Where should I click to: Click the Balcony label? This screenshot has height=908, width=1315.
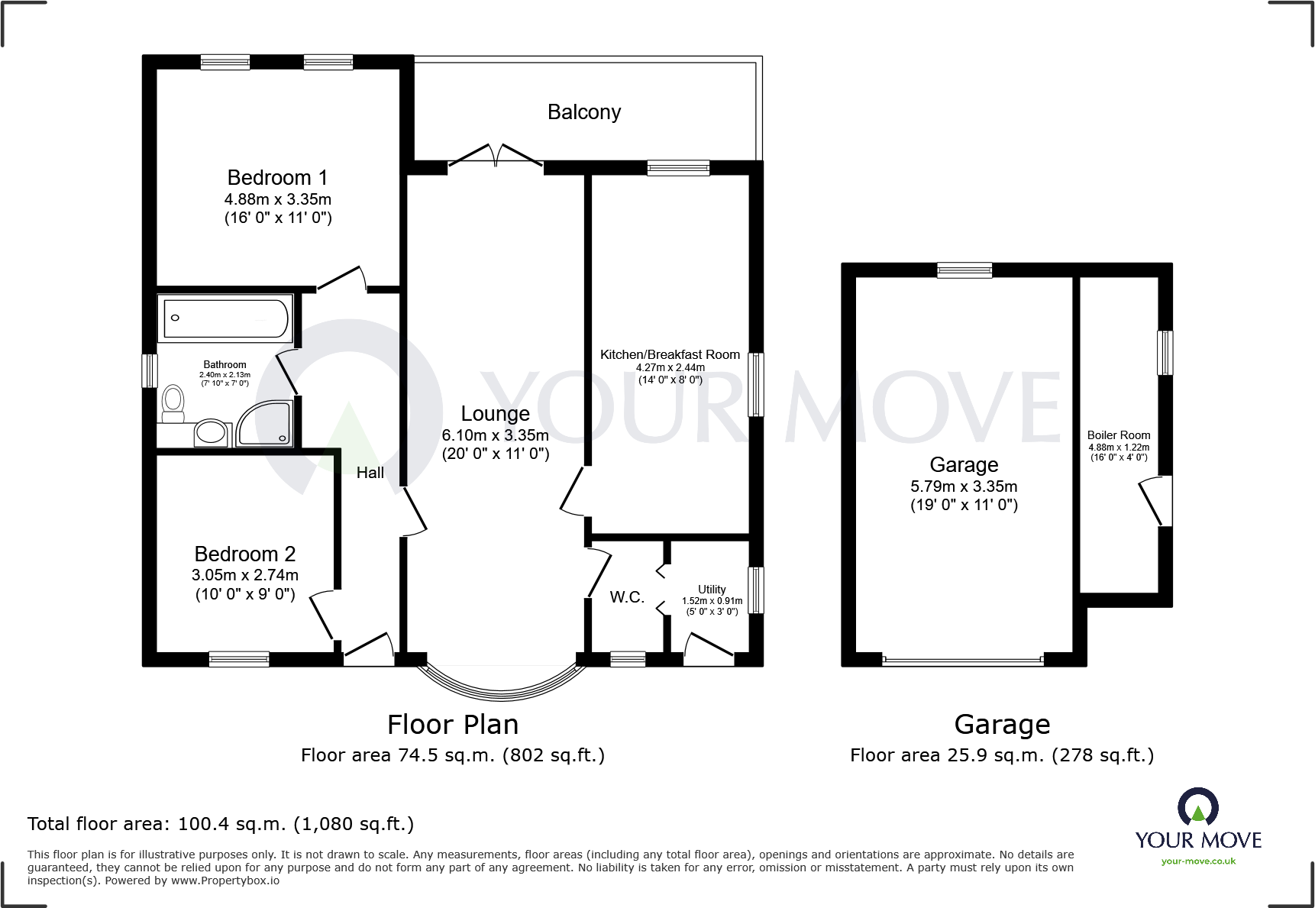tap(583, 112)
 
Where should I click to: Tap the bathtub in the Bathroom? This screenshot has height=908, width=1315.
tap(225, 318)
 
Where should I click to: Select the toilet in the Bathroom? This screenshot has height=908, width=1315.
tap(173, 402)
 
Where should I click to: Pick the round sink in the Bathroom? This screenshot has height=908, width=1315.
tap(211, 433)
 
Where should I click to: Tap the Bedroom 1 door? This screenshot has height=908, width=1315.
tap(341, 278)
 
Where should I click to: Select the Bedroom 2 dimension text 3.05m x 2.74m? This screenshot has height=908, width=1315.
tap(244, 575)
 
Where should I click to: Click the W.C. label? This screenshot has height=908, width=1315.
tap(627, 597)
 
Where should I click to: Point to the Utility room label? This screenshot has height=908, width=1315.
tap(712, 590)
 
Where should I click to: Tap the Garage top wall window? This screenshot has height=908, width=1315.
tap(964, 270)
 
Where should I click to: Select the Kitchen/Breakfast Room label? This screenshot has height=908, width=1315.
tap(670, 354)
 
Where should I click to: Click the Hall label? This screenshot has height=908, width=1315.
tap(370, 473)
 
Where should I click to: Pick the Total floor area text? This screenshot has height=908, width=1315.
tap(221, 824)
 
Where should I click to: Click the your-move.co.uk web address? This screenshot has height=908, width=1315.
tap(1198, 861)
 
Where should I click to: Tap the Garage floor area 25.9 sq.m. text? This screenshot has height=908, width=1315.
tap(1001, 755)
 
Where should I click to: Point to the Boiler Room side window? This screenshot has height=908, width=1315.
tap(1165, 352)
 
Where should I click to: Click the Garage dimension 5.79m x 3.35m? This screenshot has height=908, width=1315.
tap(964, 486)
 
